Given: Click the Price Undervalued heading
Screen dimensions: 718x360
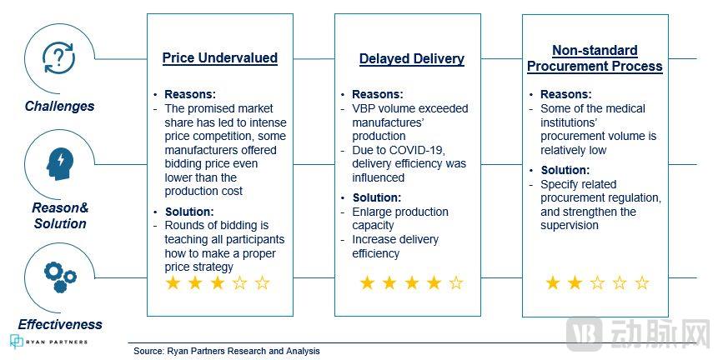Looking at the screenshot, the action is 220,58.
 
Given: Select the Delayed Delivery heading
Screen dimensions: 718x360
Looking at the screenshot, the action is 412,58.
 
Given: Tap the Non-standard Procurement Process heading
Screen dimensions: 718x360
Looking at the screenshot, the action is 595,58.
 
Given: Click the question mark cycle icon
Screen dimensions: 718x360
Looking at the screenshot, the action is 58,57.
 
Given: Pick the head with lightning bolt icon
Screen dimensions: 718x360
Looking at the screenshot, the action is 59,164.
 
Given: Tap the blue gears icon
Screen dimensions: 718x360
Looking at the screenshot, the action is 60,277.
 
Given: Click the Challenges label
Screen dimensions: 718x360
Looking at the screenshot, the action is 59,106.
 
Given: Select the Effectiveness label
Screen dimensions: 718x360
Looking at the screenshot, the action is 60,324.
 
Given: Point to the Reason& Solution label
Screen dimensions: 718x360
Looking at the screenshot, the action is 60,216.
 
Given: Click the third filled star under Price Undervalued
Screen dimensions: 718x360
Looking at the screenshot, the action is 218,282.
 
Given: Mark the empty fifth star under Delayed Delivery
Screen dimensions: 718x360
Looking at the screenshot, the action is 455,282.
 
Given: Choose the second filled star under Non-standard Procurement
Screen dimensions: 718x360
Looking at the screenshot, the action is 575,282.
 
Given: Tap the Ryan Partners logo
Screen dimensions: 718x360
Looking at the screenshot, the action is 48,342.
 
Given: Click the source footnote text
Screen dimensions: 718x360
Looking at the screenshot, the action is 227,352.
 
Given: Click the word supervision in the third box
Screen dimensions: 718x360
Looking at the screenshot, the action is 570,226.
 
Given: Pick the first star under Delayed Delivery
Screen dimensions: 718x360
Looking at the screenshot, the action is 367,282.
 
